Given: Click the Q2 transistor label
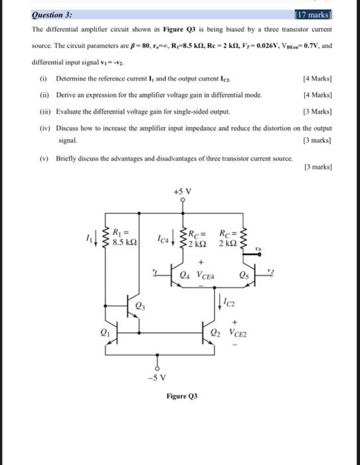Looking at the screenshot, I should click(x=214, y=334).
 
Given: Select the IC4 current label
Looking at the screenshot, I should click(x=163, y=237).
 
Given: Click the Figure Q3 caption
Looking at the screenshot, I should click(x=181, y=397).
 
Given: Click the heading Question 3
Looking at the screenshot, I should click(x=52, y=15).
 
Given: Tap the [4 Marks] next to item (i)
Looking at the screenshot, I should click(x=316, y=79).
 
